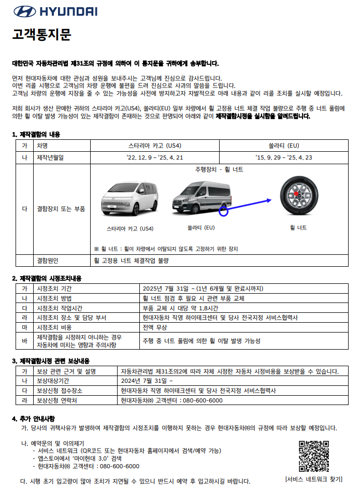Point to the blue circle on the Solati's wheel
coord(224,210)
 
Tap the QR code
coord(314,456)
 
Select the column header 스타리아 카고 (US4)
coord(154,145)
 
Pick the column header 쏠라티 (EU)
coord(283,145)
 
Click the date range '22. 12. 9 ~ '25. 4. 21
coord(154,157)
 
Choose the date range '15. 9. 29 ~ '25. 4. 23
coord(283,157)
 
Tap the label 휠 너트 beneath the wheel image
coord(298,227)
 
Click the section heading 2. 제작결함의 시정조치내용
coord(47,278)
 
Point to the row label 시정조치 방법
coord(54,298)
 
